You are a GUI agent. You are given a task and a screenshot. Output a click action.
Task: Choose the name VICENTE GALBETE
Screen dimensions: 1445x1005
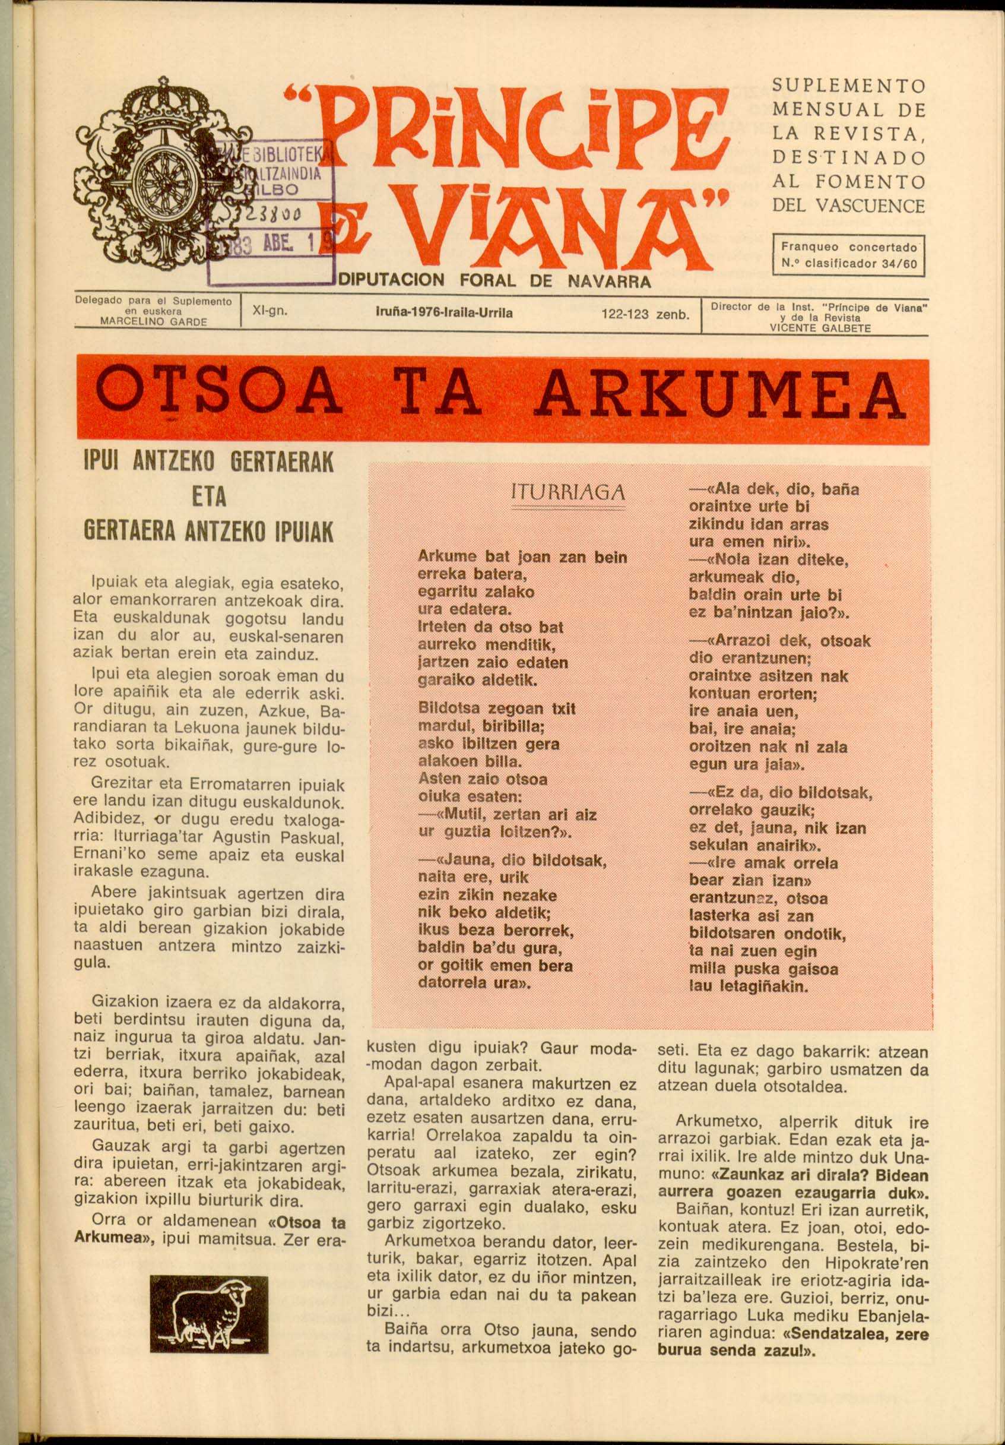point(820,327)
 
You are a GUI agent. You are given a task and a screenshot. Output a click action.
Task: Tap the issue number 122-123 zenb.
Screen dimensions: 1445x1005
point(646,314)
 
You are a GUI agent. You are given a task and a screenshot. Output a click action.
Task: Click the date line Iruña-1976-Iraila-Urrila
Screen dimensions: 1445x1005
point(443,313)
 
